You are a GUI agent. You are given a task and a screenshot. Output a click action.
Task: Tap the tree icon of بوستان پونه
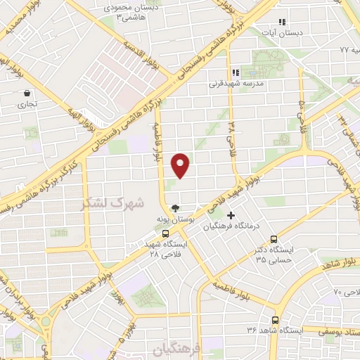(x=175, y=208)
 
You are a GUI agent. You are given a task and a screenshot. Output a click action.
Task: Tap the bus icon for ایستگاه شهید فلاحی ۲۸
(x=165, y=233)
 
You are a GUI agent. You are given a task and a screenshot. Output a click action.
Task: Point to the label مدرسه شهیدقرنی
(x=235, y=83)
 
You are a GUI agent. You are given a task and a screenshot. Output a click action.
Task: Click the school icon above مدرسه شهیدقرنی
(x=236, y=71)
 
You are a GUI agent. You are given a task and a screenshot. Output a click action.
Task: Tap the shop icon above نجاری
(x=27, y=93)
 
